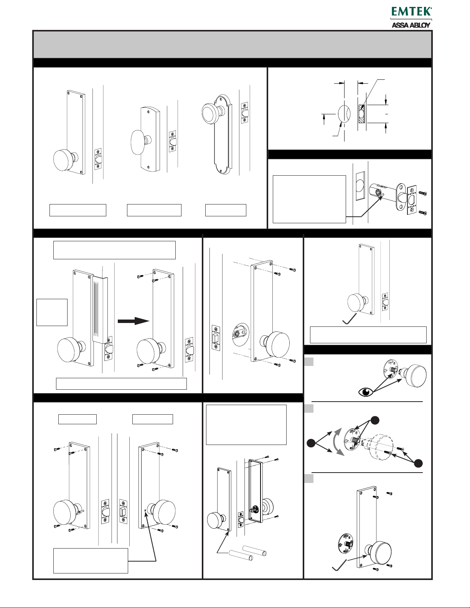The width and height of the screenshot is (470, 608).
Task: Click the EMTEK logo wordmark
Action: coord(411,12)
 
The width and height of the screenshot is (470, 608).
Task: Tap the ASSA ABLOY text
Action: coord(411,25)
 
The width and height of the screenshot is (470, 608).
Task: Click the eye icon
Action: coord(366,392)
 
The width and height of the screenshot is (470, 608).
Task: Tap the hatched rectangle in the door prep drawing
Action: coord(361,114)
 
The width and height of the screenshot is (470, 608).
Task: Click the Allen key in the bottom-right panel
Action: coord(339,564)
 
